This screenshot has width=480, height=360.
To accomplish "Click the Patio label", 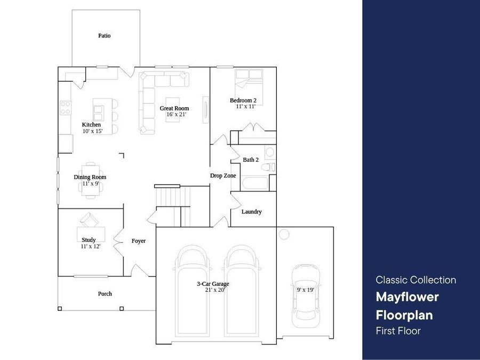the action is (x=105, y=36).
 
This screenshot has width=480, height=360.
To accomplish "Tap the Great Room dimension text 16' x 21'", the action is (x=177, y=115).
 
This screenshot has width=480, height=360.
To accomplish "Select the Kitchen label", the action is (x=91, y=125).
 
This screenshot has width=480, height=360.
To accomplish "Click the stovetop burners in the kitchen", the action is (x=66, y=108).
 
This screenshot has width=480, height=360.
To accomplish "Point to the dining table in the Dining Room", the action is (x=91, y=181).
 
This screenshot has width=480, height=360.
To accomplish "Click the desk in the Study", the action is (x=91, y=234).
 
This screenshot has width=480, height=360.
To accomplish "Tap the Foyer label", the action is (x=138, y=241).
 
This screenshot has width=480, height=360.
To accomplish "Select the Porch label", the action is (x=105, y=294).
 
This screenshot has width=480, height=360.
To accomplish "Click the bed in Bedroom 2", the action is (x=249, y=87).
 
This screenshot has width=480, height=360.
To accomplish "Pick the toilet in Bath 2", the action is (x=268, y=167).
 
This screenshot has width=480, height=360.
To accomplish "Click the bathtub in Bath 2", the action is (x=255, y=183).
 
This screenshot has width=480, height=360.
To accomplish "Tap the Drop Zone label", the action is (x=223, y=175).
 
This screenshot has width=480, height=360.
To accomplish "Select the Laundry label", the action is (x=252, y=212).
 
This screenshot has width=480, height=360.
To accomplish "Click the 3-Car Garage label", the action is (x=213, y=284).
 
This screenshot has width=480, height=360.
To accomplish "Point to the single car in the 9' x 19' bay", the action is (x=306, y=296).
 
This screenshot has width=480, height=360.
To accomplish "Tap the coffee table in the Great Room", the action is (x=173, y=109).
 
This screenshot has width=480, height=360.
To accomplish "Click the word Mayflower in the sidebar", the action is (x=407, y=297).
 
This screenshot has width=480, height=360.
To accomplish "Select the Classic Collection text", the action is (x=415, y=280).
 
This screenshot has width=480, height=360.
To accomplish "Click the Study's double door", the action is (x=118, y=242).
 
